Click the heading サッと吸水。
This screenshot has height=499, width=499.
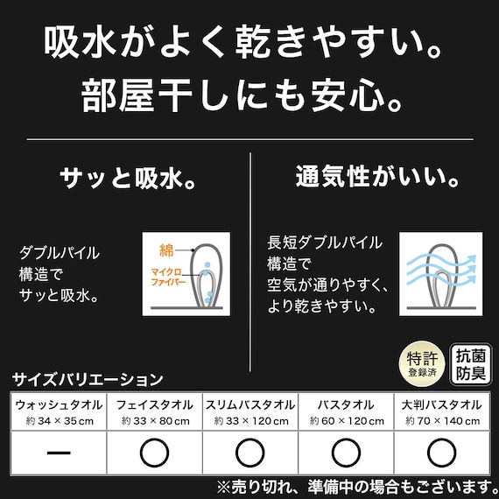(126, 179)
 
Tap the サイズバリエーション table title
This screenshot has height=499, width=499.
(88, 380)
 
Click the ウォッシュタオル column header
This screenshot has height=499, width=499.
(59, 405)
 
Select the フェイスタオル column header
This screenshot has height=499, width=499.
(154, 405)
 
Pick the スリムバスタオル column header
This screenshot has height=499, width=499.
(250, 405)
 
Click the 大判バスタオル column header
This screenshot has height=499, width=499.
(441, 405)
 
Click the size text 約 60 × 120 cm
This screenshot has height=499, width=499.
(346, 421)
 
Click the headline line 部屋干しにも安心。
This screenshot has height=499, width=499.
(249, 94)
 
